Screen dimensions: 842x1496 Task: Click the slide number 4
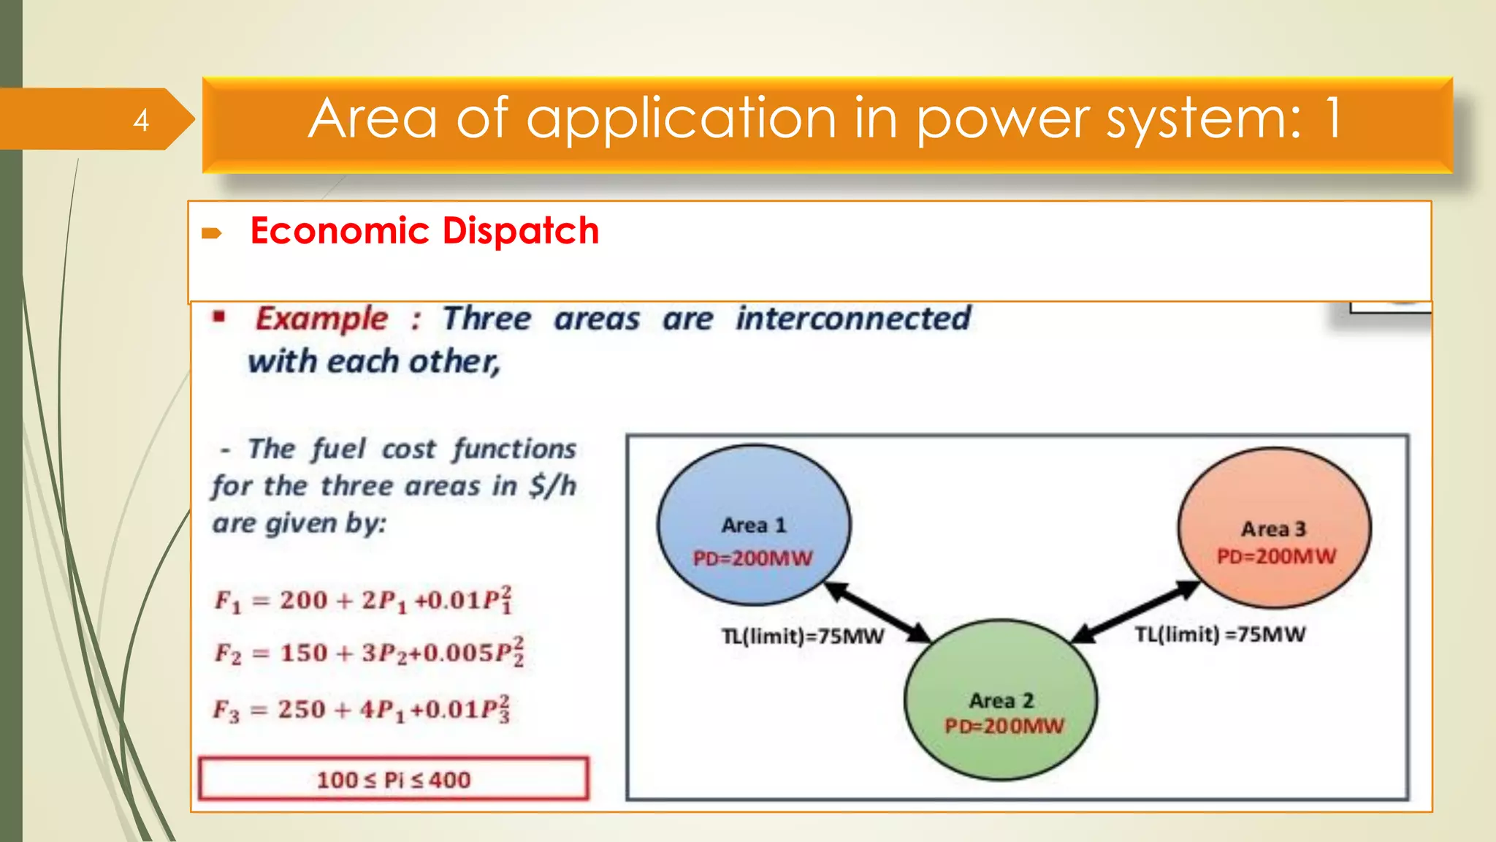[x=141, y=120]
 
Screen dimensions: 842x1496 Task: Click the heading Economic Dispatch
[x=424, y=231]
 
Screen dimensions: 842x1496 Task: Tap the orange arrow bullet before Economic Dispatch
[x=211, y=233]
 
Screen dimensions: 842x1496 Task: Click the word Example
[x=321, y=319]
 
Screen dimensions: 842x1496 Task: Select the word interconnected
[x=852, y=319]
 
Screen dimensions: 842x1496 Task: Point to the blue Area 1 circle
[x=753, y=504]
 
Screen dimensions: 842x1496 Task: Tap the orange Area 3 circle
[x=1274, y=504]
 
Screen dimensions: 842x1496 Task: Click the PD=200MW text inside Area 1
[x=752, y=558]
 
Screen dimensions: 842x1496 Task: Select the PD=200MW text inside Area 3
[x=1276, y=556]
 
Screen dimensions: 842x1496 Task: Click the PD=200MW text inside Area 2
[x=1004, y=726]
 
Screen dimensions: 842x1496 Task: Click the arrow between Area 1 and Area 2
[x=877, y=612]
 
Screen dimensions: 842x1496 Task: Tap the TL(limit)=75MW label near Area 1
[x=803, y=637]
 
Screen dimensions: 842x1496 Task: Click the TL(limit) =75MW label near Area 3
[x=1220, y=634]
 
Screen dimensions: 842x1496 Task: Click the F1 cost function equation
[x=363, y=600]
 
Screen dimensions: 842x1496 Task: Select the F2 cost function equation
[x=369, y=652]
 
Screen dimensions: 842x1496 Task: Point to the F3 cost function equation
[x=362, y=709]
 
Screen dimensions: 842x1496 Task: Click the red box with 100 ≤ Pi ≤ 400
[x=393, y=779]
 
